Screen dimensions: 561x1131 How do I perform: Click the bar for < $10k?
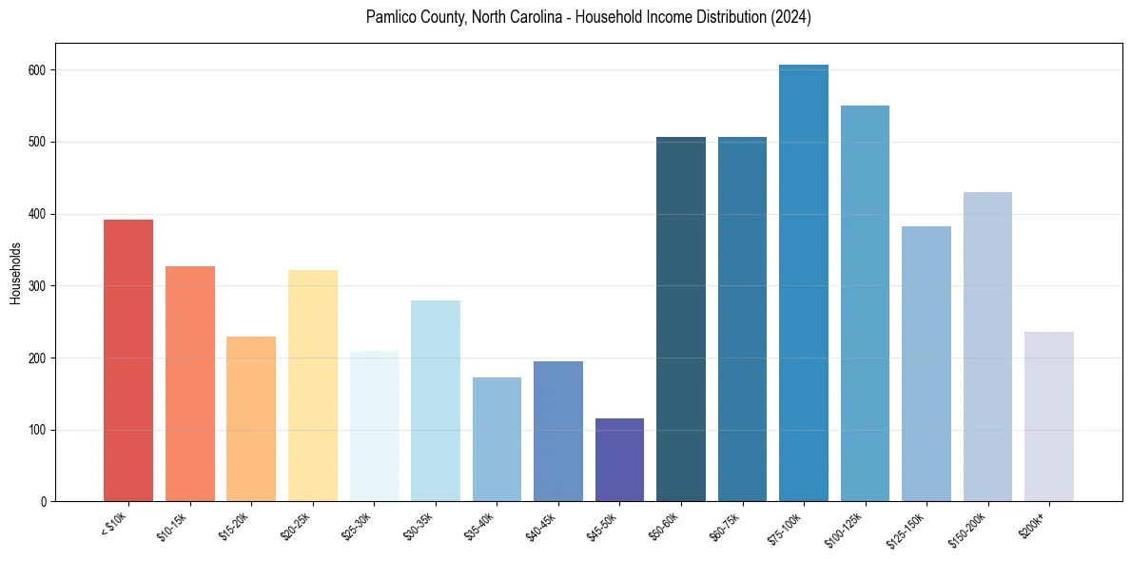128,360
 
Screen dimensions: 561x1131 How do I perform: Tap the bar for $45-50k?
619,460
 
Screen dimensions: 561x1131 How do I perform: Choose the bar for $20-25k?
313,386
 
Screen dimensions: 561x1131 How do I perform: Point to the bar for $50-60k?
681,319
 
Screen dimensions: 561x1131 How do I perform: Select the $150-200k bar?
987,347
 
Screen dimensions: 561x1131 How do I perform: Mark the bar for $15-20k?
251,419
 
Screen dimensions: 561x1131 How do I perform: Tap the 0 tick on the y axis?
44,502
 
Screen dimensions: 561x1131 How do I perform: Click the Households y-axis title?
16,273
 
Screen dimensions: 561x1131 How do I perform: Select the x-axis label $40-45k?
538,527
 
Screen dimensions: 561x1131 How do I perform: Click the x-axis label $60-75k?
723,527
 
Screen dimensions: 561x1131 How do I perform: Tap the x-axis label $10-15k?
170,527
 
